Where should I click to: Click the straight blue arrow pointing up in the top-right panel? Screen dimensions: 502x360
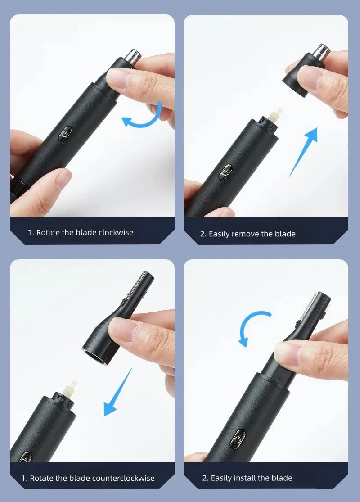point(304,150)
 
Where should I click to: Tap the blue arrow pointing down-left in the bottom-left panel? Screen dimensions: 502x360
point(118,392)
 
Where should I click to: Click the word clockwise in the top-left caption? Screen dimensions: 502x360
point(116,232)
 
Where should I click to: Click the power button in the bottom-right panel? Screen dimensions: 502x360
point(238,437)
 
